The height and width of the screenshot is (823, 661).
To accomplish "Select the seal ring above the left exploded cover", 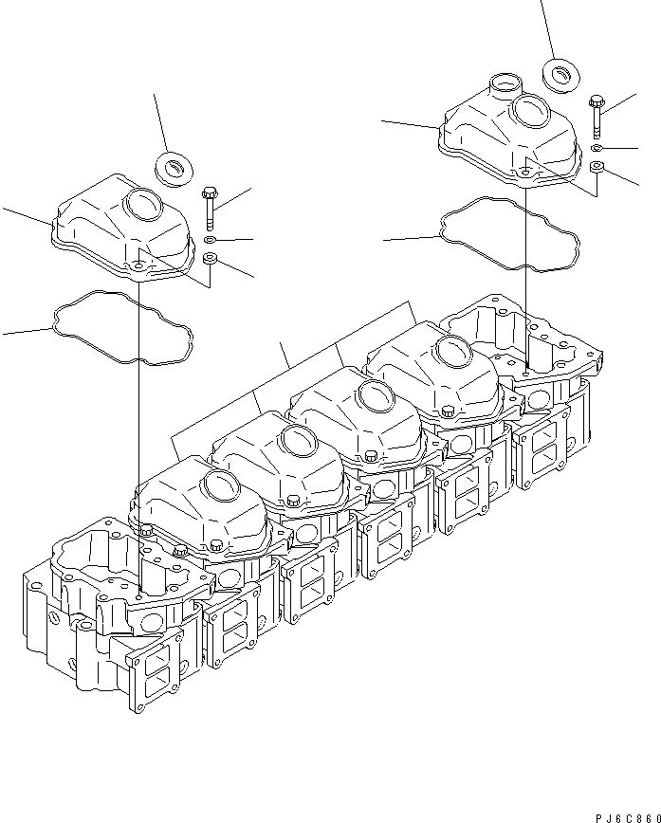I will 174,168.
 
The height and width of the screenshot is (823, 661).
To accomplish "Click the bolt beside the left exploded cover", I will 210,208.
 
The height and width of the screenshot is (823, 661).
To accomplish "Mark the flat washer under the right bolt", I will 595,149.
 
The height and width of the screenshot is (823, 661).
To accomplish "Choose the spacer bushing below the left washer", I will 211,259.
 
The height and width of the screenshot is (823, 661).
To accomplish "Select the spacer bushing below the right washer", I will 596,169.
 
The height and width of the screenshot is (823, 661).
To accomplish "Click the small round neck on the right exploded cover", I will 501,86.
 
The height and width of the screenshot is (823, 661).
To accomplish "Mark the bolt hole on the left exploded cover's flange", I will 139,267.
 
